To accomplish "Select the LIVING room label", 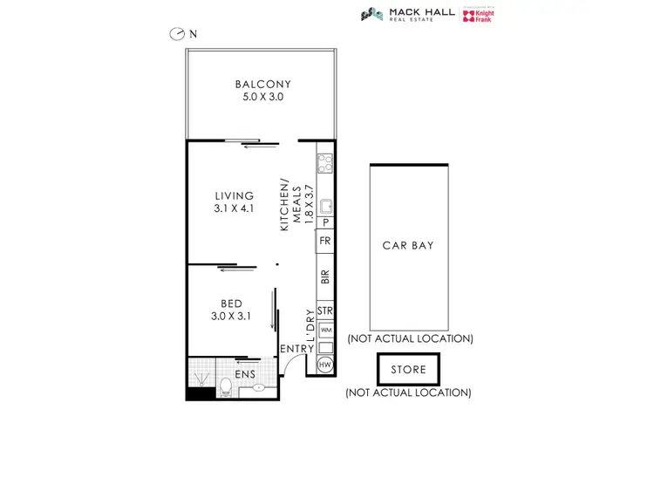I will [235, 196].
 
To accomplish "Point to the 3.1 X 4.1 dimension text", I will [235, 209].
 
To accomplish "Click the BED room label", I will [231, 303].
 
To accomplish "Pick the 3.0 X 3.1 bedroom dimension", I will [231, 317].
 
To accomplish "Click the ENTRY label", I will [296, 350].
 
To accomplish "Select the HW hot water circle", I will [325, 365].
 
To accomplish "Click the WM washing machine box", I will [325, 330].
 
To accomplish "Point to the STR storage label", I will [325, 310].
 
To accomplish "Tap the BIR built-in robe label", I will [325, 277].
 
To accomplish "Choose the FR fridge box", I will [325, 241].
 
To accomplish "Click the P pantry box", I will [325, 223].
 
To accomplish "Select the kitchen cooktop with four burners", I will [325, 161].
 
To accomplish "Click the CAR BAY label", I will [408, 245].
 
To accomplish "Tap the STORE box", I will [408, 370].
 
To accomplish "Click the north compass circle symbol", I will [178, 34].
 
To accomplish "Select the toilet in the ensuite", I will [226, 385].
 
